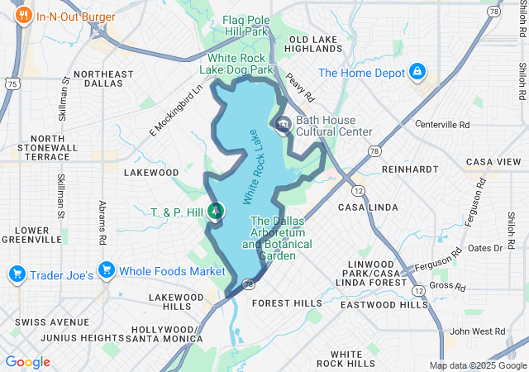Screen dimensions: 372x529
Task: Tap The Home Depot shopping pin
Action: (418, 72)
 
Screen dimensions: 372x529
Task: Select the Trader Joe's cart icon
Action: (16, 273)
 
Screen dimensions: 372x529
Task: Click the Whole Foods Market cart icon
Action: (105, 270)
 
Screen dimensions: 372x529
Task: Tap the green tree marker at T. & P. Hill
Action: (216, 211)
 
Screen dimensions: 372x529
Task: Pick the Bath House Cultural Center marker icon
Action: (283, 126)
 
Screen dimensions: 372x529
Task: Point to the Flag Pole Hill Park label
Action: (248, 24)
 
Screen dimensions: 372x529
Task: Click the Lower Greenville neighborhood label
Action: (32, 235)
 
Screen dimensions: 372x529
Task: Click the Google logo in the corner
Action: (28, 361)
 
